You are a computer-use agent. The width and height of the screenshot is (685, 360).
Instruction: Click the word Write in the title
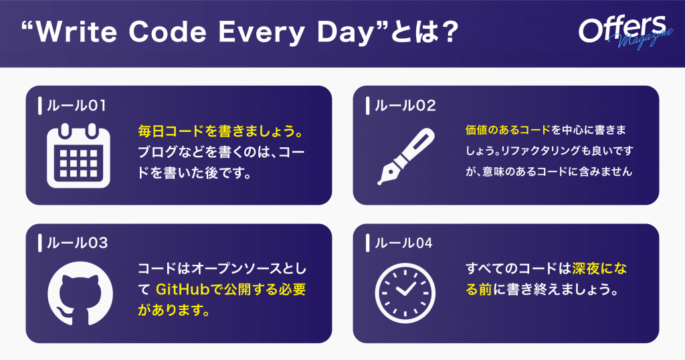click(76, 32)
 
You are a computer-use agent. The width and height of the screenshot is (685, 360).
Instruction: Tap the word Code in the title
click(167, 32)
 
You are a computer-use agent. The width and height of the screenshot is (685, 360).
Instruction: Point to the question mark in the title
click(448, 32)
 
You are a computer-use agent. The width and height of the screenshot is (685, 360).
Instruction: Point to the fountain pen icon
click(406, 157)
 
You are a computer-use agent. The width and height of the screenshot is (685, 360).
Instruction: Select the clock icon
click(405, 292)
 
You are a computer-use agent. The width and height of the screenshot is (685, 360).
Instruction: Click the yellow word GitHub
click(183, 289)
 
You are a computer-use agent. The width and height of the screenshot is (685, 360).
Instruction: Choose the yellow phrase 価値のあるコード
click(508, 130)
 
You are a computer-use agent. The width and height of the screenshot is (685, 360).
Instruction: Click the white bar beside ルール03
click(40, 243)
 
